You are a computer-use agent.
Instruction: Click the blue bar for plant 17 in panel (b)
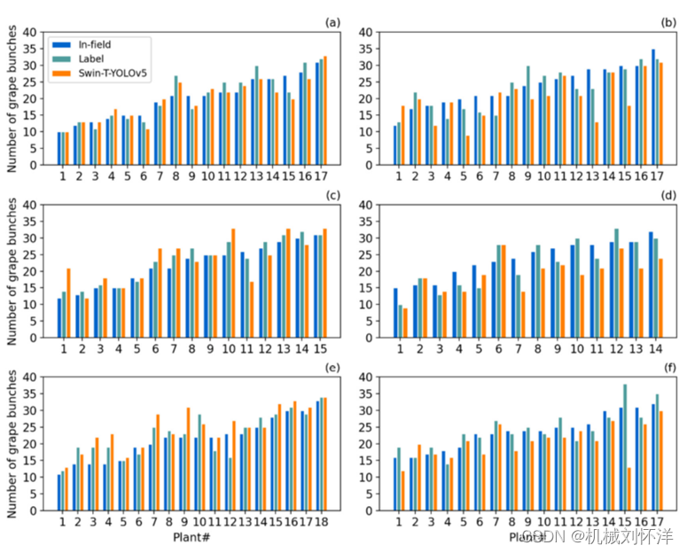653,106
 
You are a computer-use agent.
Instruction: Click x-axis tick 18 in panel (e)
321,524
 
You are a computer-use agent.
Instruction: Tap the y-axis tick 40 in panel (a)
32,33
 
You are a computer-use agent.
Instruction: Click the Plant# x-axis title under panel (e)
191,537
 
